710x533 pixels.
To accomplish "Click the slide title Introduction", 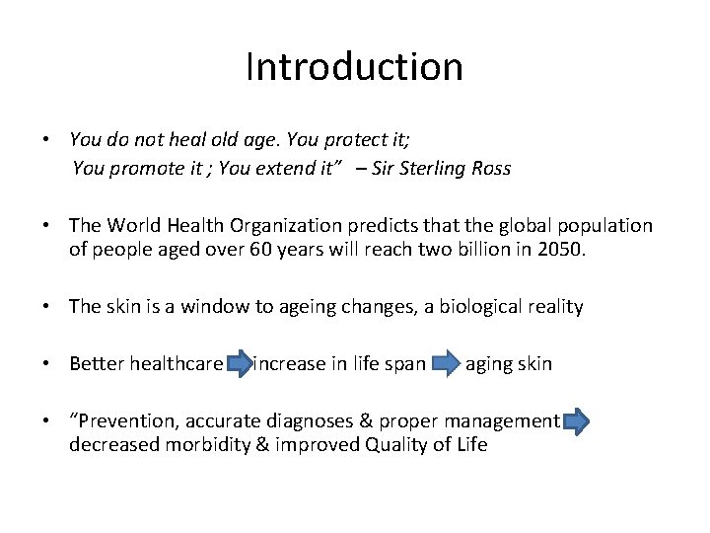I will (x=354, y=67).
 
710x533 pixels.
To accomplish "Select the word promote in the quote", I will (x=142, y=168).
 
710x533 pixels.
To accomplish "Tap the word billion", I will (x=490, y=249).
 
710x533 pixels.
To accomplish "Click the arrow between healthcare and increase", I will (x=238, y=365).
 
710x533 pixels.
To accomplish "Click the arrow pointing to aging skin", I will (x=447, y=365).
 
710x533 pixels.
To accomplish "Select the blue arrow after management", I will (x=577, y=422).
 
